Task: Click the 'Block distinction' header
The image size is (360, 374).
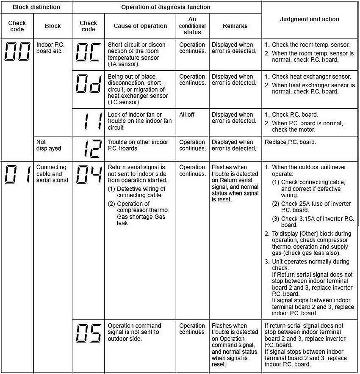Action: (x=36, y=7)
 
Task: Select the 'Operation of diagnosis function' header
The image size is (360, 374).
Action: (x=166, y=7)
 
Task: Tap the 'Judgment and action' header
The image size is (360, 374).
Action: (x=310, y=19)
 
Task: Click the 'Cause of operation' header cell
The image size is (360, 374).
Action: (x=140, y=26)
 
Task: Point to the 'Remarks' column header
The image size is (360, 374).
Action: (x=235, y=26)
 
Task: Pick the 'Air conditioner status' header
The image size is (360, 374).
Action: (x=192, y=26)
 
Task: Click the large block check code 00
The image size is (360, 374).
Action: (x=17, y=52)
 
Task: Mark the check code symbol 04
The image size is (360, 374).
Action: (x=88, y=175)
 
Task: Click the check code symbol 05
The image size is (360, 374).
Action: (x=88, y=333)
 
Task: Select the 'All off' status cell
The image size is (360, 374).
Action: (x=187, y=115)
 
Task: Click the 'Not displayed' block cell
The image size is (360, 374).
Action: (x=49, y=145)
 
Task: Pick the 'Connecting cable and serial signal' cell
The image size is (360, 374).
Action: (x=52, y=174)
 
